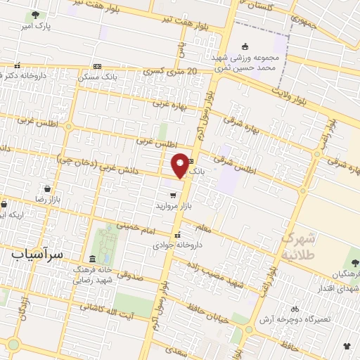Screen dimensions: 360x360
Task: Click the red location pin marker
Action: click(181, 165)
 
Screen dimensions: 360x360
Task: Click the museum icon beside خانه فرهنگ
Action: click(94, 259)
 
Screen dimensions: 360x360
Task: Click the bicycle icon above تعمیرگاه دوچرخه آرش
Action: click(295, 309)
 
